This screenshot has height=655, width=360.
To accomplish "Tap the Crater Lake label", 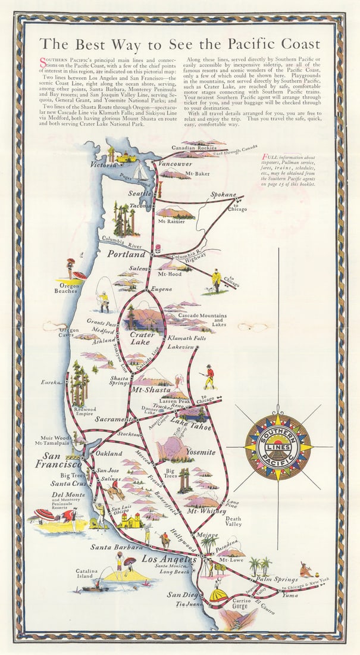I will pos(142,338).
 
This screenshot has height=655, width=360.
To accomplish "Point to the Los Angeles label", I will pos(168,560).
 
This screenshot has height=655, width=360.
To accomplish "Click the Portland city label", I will pos(127,254).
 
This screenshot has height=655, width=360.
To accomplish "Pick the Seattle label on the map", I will pos(140,194).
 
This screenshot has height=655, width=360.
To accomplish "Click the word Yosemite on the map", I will pos(201,453).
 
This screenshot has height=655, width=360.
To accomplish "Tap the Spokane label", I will pos(223,195).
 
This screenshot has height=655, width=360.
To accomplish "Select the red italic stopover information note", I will pos(289,171).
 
